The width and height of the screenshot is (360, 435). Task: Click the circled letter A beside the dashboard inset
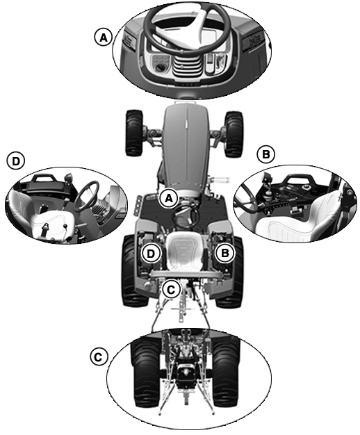coord(104,37)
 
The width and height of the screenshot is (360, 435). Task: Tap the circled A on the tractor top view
coord(168,198)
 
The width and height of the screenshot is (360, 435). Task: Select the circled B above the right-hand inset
coord(265,154)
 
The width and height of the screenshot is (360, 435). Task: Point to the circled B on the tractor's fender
coord(225,253)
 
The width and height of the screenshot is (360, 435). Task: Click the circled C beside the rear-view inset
coord(98,357)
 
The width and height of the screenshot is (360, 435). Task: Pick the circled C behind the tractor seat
coord(171,290)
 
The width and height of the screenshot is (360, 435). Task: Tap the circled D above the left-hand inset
coord(16,161)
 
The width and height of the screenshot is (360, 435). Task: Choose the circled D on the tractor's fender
coord(151,254)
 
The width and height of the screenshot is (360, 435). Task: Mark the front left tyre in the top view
coord(134,133)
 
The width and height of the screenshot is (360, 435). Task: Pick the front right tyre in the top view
coord(234,134)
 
